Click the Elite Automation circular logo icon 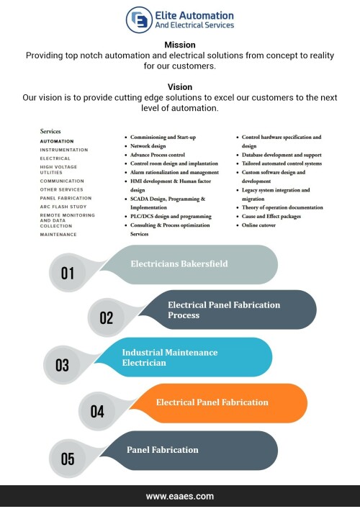point(139,20)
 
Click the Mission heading point(180,45)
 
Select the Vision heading point(180,87)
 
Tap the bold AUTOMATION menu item point(57,141)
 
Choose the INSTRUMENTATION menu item point(64,150)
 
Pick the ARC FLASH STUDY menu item point(63,207)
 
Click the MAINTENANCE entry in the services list point(58,235)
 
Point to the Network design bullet point(148,146)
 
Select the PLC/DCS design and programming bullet point(171,217)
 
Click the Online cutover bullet point(258,225)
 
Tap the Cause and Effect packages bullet point(271,217)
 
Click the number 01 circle point(68,273)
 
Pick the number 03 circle point(62,365)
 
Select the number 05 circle point(68,459)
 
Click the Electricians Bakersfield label point(179,264)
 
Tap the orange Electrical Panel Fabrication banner point(220,403)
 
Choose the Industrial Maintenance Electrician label point(170,358)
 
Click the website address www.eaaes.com point(180,496)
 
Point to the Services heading point(50,131)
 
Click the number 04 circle point(97,411)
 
